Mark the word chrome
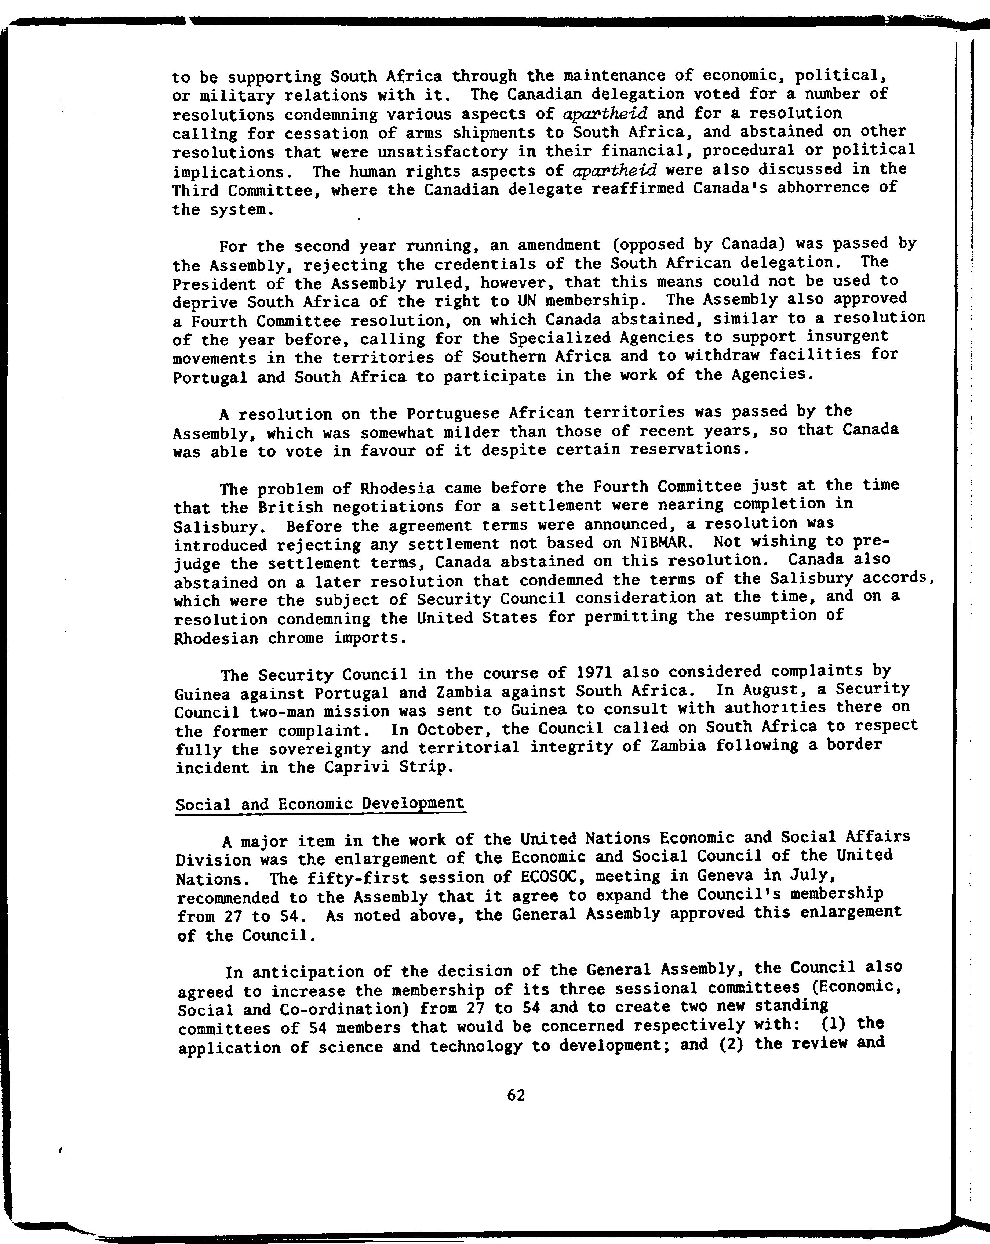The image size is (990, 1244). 301,639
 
